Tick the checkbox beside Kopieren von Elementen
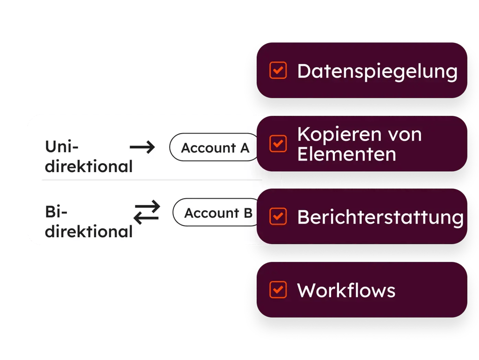pyautogui.click(x=278, y=144)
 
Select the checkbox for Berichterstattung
pyautogui.click(x=278, y=216)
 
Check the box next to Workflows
pyautogui.click(x=278, y=290)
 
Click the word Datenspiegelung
pyautogui.click(x=377, y=72)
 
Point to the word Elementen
pyautogui.click(x=346, y=154)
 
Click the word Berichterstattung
pyautogui.click(x=380, y=217)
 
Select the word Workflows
pyautogui.click(x=346, y=291)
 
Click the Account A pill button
pyautogui.click(x=215, y=148)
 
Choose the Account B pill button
pyautogui.click(x=218, y=213)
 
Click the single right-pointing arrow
pyautogui.click(x=142, y=148)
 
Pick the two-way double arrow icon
pyautogui.click(x=146, y=212)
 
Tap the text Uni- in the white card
pyautogui.click(x=62, y=147)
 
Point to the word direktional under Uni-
pyautogui.click(x=88, y=166)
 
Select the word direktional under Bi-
pyautogui.click(x=88, y=231)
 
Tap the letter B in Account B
pyautogui.click(x=247, y=213)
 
